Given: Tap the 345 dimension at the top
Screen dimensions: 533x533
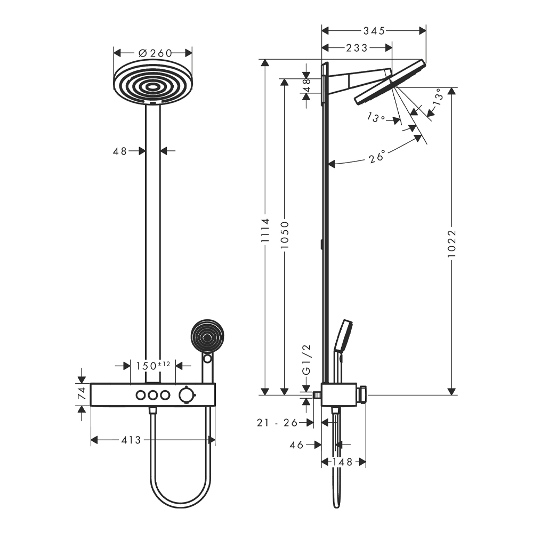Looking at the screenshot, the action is [374, 31].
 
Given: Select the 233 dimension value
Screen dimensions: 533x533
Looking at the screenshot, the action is [357, 48].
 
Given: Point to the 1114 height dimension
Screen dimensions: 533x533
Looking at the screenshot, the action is [265, 230].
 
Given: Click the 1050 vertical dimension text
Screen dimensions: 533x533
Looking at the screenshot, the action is [285, 235].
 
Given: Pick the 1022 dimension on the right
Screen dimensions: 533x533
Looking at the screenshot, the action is [451, 244].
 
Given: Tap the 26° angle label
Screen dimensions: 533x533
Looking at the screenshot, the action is [377, 157].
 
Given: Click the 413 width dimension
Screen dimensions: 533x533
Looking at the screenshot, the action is [131, 440].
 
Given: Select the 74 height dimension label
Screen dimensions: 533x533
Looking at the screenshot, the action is [82, 394].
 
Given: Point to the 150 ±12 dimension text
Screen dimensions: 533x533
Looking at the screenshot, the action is [153, 366].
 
